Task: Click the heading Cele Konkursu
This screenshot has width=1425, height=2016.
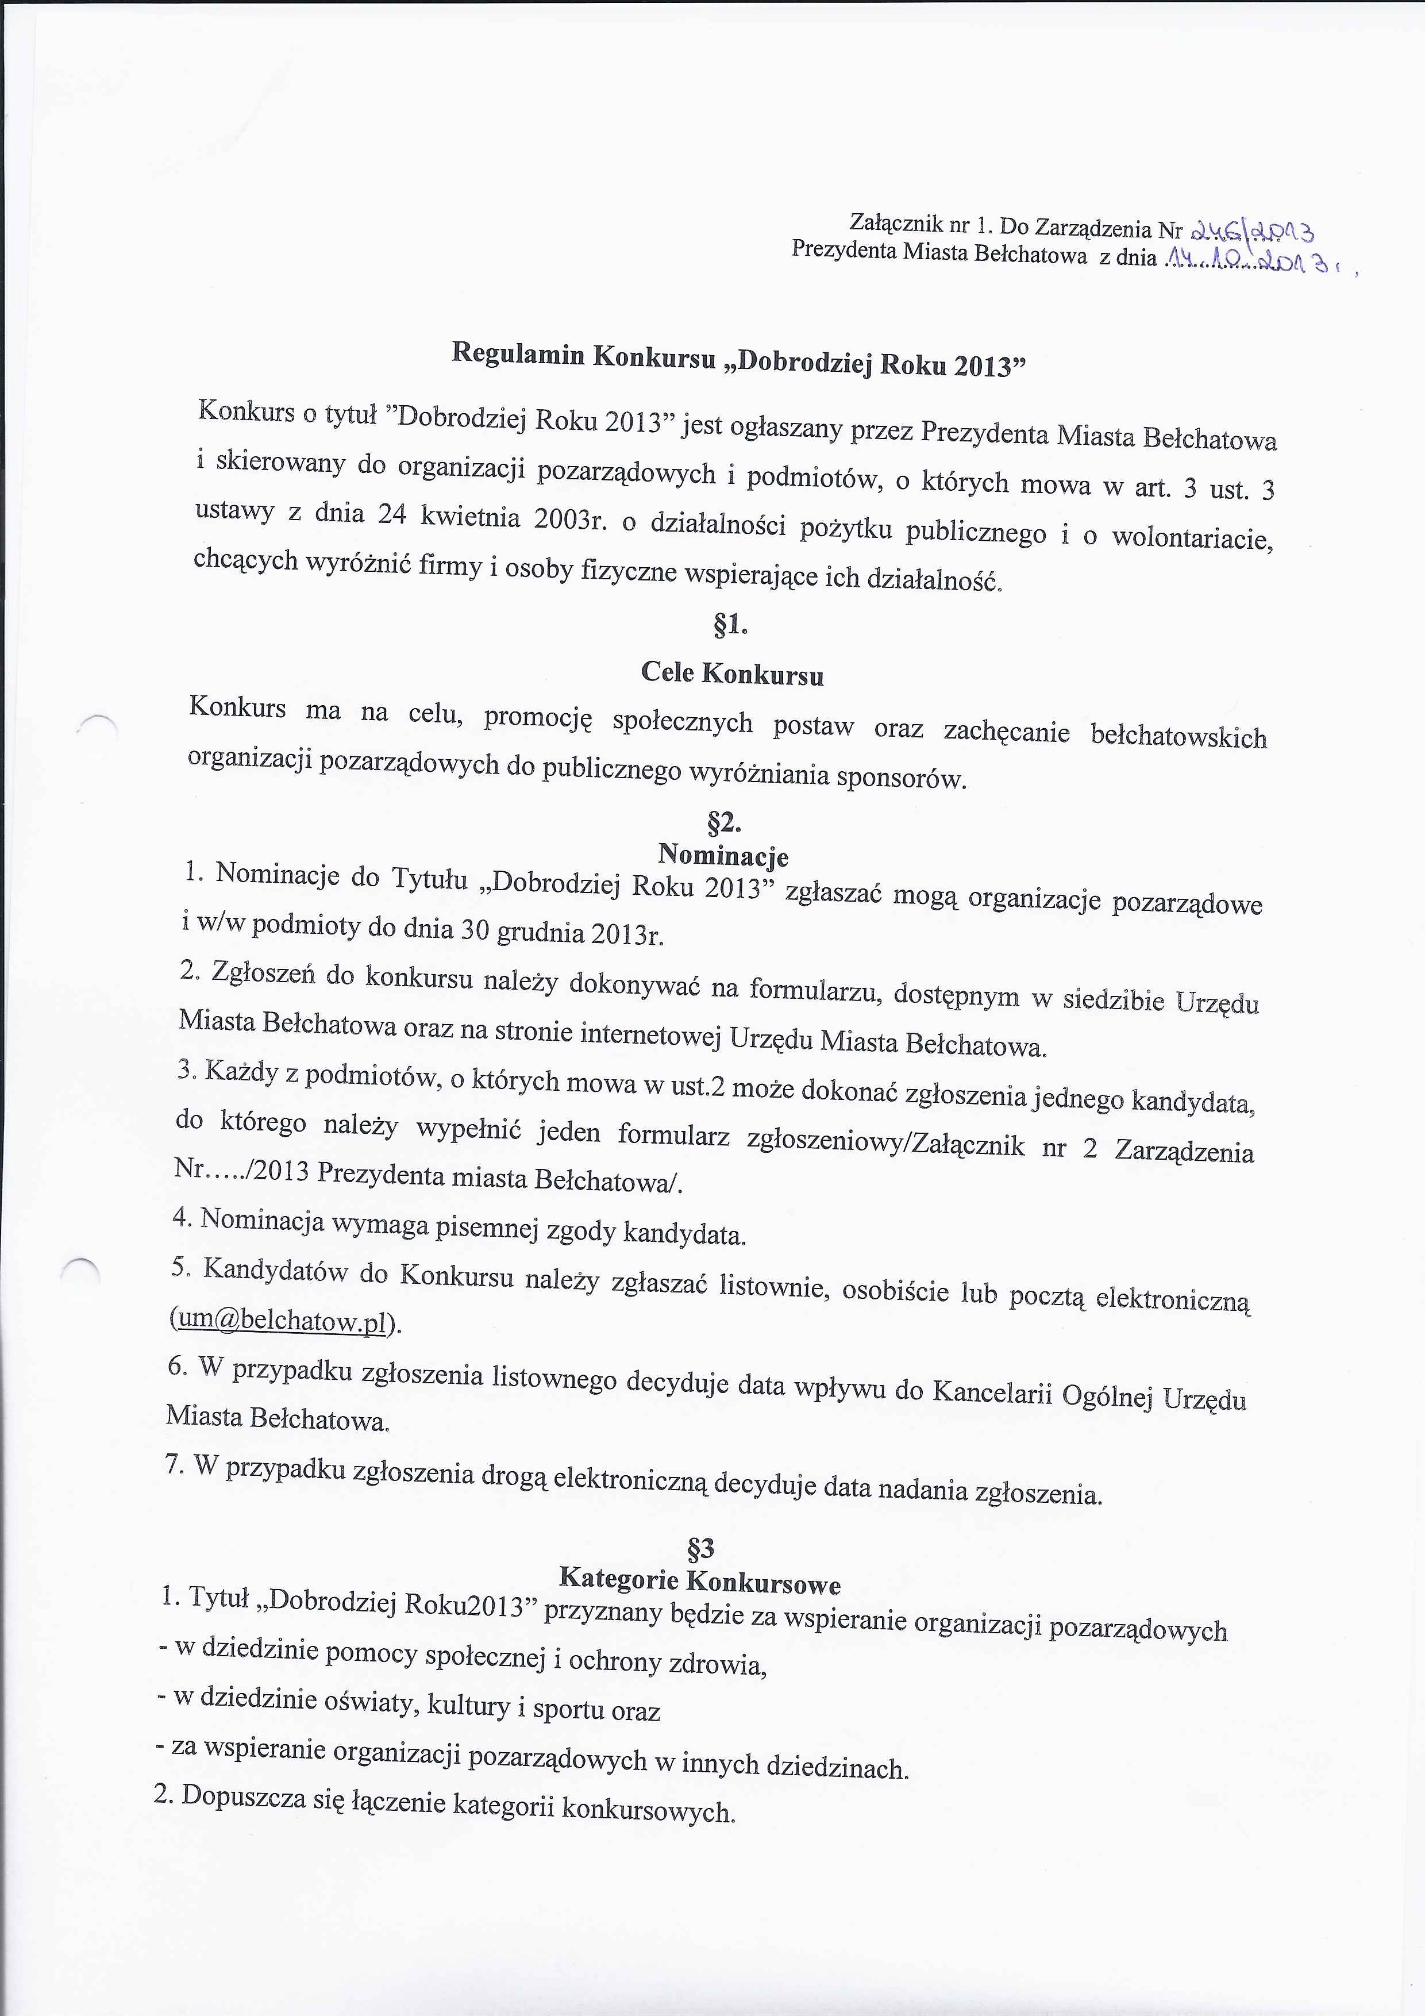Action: [x=732, y=674]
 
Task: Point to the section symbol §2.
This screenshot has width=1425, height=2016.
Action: [x=725, y=823]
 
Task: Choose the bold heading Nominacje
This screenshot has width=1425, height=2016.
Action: [x=723, y=855]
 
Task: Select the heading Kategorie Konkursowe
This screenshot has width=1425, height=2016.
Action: [x=700, y=1580]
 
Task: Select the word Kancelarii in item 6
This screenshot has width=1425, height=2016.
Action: [x=992, y=1392]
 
